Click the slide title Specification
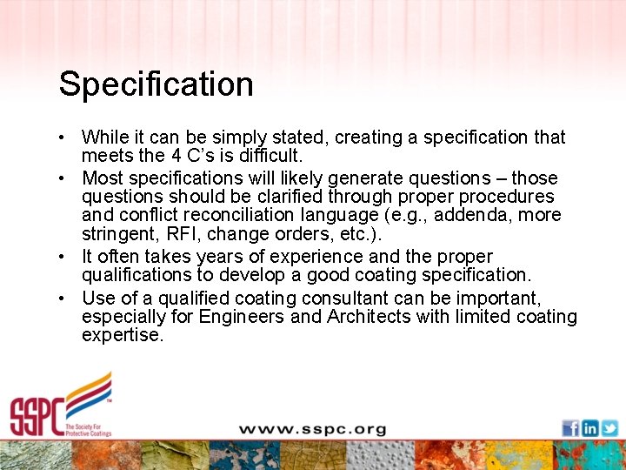coord(156,84)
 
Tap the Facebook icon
coord(570,427)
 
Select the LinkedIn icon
coord(589,427)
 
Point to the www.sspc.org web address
coord(312,430)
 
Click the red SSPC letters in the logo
coord(37,415)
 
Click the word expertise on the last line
coord(122,336)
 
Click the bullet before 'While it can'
coord(65,138)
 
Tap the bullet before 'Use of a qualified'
coord(65,297)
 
